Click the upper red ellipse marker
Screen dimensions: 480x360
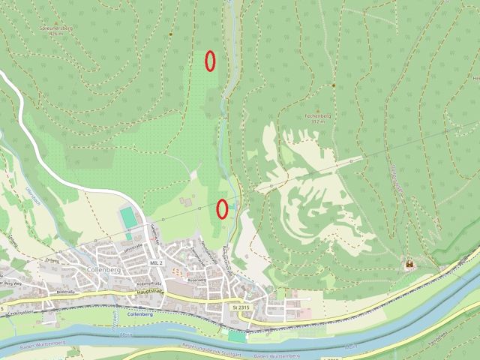click(x=211, y=61)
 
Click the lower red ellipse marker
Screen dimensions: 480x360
click(x=222, y=208)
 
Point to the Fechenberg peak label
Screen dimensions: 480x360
click(x=318, y=116)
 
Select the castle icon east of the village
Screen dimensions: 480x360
click(x=409, y=264)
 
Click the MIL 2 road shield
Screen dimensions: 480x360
click(x=157, y=263)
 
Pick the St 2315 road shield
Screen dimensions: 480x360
click(x=240, y=307)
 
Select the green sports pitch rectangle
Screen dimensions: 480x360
click(x=128, y=217)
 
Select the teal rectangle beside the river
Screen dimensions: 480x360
click(x=237, y=337)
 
